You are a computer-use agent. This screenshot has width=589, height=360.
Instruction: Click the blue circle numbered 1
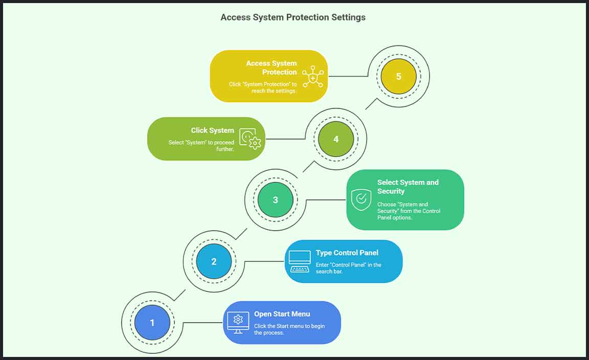tap(152, 323)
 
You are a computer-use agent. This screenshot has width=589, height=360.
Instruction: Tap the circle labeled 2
tap(214, 261)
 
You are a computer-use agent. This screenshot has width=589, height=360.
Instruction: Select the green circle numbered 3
tap(275, 200)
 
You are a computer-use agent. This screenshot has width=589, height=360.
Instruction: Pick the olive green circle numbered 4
tap(336, 139)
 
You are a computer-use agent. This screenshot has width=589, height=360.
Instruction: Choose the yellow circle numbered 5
tap(398, 77)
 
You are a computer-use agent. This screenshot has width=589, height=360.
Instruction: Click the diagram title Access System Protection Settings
tap(293, 17)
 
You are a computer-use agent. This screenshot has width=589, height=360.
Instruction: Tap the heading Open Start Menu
tap(282, 314)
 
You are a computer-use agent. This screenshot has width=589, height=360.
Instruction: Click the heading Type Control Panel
tap(347, 253)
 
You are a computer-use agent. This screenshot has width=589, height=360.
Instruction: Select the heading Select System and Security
tap(407, 187)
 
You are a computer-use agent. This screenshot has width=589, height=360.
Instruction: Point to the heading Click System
tap(212, 130)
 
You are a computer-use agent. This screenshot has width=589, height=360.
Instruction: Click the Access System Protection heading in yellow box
tap(271, 67)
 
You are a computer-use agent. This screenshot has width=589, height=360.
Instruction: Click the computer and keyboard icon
tap(300, 261)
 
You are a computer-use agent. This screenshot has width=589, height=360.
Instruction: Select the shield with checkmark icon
tap(361, 200)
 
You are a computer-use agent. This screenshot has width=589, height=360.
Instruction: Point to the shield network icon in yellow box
tap(312, 77)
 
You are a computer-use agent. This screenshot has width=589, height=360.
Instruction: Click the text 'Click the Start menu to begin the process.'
tap(289, 329)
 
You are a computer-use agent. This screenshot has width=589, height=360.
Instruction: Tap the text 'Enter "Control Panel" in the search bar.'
tap(348, 268)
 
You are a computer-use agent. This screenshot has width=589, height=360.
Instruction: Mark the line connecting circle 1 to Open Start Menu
tap(202, 323)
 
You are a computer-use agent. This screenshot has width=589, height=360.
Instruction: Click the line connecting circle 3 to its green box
tap(326, 200)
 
